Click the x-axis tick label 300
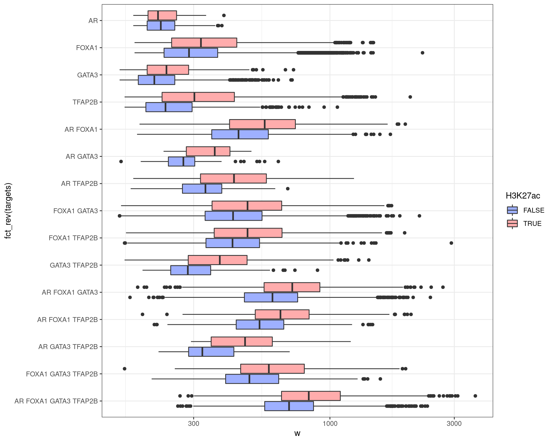point(193,424)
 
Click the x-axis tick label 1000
point(330,424)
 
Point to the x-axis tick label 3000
point(454,424)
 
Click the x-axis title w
point(297,433)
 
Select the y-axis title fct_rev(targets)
point(8,211)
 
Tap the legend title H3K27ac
point(523,196)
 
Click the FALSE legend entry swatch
point(512,210)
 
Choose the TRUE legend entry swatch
point(512,224)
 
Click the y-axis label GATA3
point(87,75)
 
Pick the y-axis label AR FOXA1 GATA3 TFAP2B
point(56,401)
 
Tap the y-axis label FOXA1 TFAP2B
point(73,238)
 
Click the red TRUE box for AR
point(167,16)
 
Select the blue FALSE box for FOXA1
point(202,53)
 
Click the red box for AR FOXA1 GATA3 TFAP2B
point(323,396)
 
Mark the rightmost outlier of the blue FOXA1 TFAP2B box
point(451,243)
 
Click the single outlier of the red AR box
point(224,16)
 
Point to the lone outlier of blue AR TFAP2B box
point(287,189)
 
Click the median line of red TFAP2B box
point(194,97)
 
